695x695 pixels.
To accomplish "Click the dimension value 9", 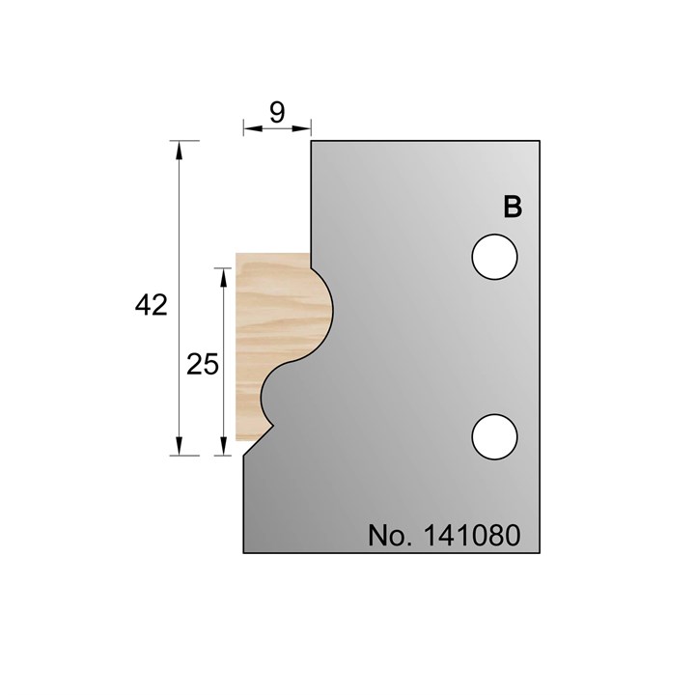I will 277,112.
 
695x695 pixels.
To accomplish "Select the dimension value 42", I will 152,306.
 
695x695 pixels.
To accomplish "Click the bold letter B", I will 513,208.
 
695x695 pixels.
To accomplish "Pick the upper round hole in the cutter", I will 494,258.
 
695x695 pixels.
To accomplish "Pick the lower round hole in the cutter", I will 494,436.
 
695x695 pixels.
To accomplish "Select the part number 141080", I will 473,535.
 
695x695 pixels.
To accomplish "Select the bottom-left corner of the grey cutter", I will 243,554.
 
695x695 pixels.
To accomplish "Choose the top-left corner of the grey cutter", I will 310,141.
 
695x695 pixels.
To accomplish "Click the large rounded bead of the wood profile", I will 319,309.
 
